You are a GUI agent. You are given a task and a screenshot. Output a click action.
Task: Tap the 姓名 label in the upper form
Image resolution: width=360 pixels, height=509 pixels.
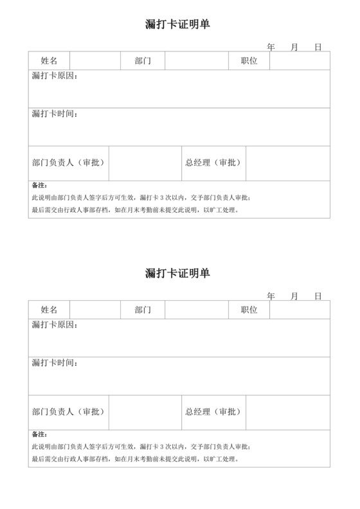click(50, 61)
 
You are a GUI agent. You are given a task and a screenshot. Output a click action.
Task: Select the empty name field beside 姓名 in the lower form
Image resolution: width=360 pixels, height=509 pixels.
click(95, 310)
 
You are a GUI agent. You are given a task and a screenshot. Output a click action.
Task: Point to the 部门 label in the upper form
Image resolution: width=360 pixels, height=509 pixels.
click(143, 61)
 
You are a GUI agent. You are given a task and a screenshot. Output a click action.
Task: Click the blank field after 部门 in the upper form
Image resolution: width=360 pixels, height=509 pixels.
click(197, 61)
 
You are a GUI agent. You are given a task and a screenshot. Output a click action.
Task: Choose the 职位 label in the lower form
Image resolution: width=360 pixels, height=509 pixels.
click(249, 310)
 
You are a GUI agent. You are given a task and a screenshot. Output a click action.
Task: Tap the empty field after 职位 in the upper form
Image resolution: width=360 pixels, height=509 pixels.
click(300, 61)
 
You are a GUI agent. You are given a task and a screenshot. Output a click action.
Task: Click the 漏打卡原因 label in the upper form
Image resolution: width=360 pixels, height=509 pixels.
click(55, 76)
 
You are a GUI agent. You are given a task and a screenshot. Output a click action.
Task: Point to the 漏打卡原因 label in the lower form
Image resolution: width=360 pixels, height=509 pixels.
click(55, 325)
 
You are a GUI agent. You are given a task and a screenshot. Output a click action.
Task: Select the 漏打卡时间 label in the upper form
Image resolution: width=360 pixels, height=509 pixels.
click(55, 114)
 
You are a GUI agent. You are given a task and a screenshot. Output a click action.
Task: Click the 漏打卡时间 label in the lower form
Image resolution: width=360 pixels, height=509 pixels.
click(55, 363)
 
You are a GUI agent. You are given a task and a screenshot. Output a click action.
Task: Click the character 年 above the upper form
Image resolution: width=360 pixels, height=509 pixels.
click(271, 47)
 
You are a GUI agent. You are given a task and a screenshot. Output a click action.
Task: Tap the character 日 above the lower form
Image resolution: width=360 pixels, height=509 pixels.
click(318, 296)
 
